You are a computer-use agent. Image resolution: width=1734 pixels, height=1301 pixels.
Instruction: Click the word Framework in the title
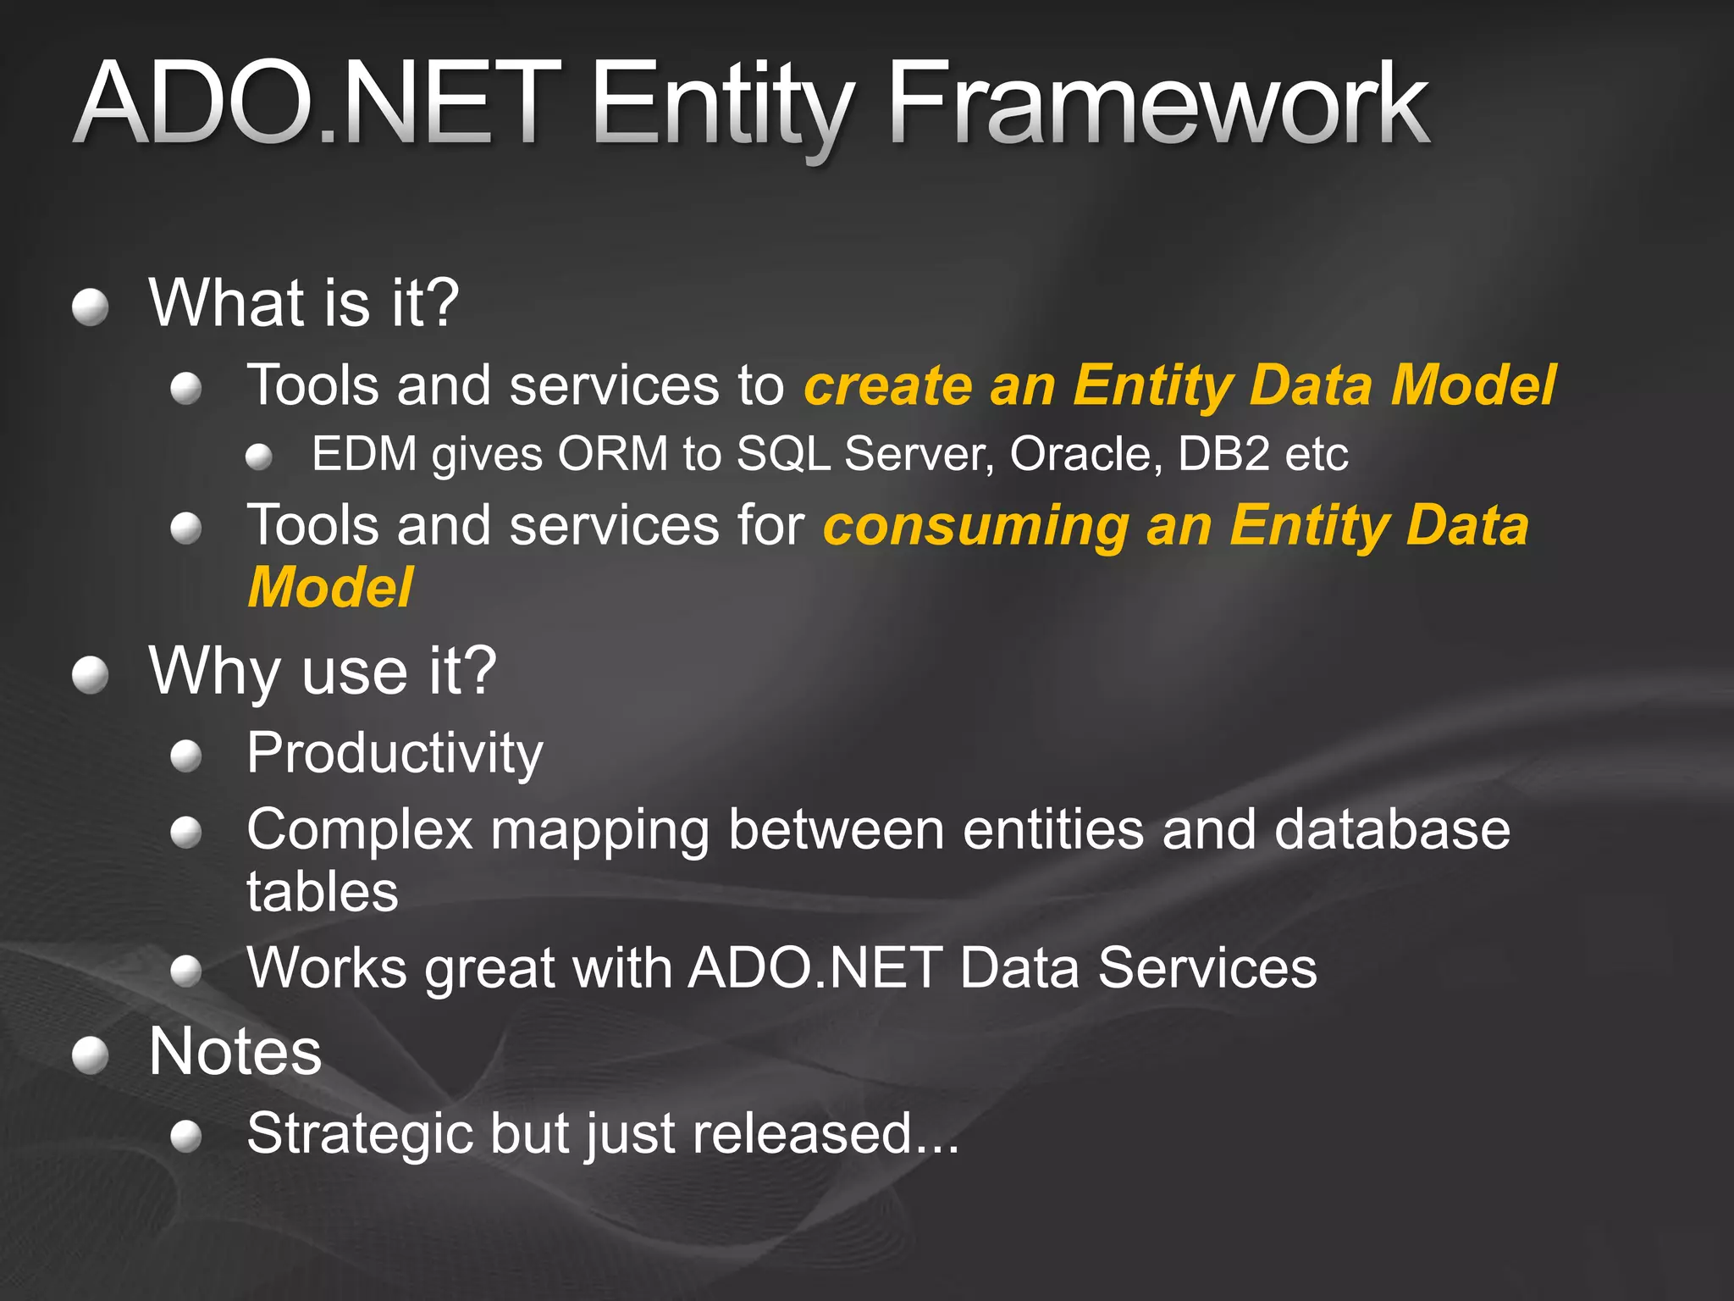[x=1157, y=106]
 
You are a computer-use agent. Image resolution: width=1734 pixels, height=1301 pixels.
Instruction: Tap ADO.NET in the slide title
[x=318, y=106]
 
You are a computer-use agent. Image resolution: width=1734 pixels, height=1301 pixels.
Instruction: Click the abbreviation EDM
[x=364, y=454]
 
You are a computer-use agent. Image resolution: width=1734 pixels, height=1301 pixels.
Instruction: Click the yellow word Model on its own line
[x=330, y=588]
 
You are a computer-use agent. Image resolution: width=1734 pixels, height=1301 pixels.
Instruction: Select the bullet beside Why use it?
[x=90, y=675]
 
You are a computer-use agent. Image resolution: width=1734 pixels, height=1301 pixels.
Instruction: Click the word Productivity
[x=395, y=753]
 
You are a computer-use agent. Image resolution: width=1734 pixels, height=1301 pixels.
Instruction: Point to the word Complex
[x=359, y=829]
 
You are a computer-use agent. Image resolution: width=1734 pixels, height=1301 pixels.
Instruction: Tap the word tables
[x=322, y=892]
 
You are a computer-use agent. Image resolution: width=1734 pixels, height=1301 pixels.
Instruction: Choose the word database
[x=1392, y=829]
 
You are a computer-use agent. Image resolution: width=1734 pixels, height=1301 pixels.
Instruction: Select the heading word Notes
[x=235, y=1052]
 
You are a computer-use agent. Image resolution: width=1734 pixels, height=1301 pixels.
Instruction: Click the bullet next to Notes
[x=90, y=1055]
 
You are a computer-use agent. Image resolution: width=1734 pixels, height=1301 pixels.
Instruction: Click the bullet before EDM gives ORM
[x=259, y=458]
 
